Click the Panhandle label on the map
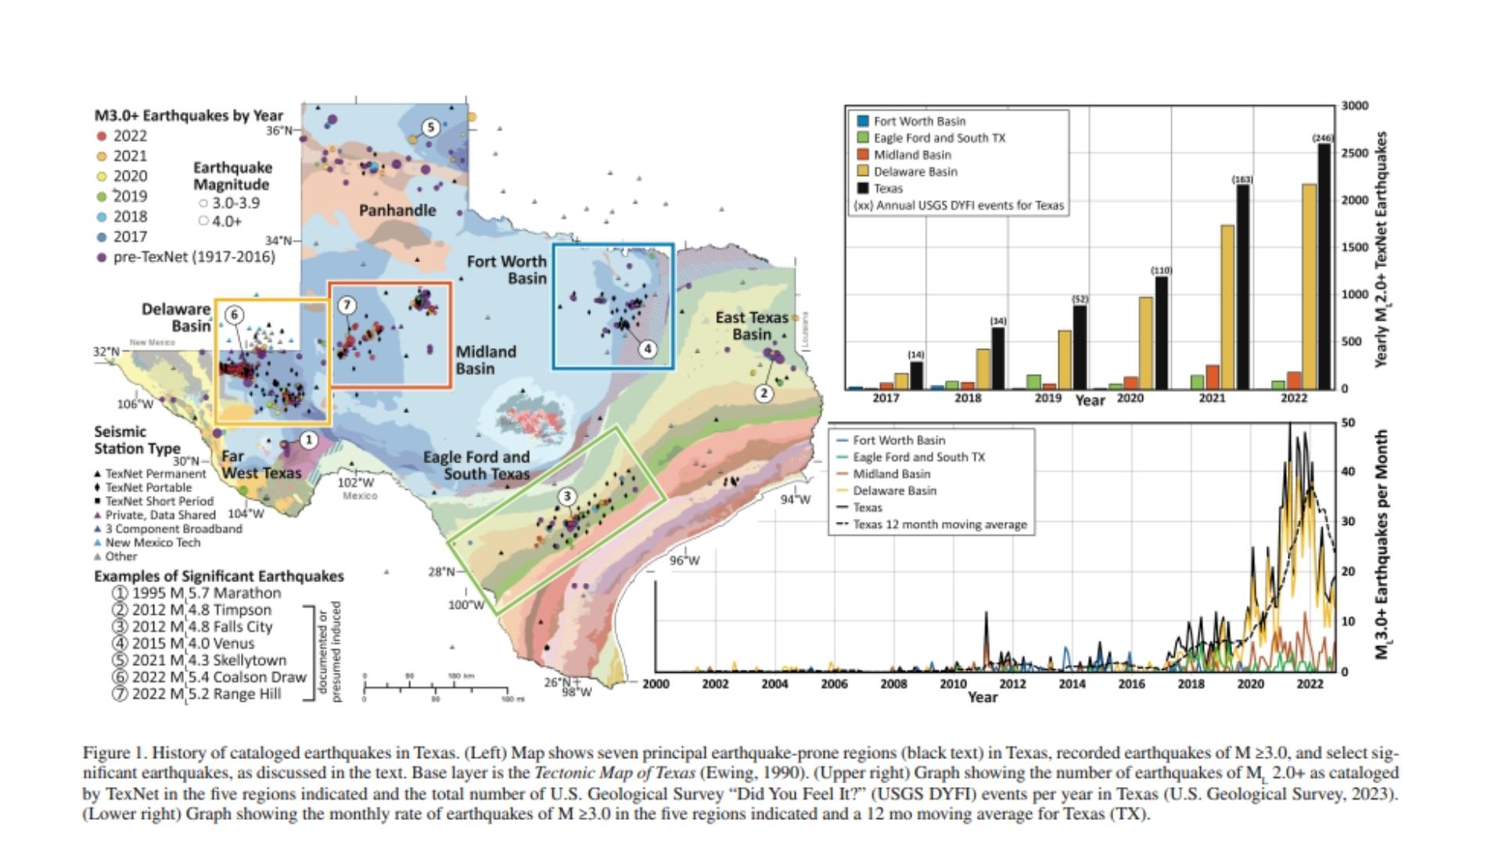click(397, 210)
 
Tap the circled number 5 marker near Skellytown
click(430, 128)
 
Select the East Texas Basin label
click(751, 325)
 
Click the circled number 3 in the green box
click(567, 496)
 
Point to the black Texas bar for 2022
click(1324, 266)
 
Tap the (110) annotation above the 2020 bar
click(1161, 271)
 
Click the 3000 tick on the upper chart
click(1354, 106)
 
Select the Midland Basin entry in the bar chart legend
click(911, 155)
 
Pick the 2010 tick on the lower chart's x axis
click(953, 684)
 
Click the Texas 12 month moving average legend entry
click(939, 525)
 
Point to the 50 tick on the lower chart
click(1348, 422)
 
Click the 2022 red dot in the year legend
click(101, 136)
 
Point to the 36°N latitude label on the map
click(278, 131)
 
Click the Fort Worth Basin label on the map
click(507, 270)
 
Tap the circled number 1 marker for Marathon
click(308, 440)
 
